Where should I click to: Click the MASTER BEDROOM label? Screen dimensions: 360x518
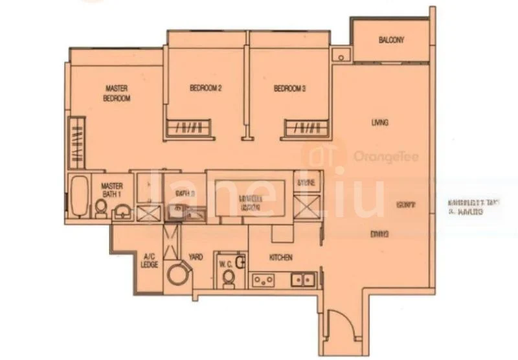click(x=117, y=93)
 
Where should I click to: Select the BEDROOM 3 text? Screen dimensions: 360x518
click(x=289, y=89)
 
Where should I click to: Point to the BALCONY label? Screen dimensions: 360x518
click(x=391, y=40)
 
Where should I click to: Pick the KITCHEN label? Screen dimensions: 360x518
click(x=281, y=257)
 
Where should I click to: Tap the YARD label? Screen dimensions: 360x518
click(x=196, y=257)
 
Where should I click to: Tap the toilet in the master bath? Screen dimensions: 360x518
click(x=102, y=207)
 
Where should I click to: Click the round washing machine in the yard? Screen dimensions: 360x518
click(x=176, y=274)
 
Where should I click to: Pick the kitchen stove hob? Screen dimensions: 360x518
click(x=262, y=280)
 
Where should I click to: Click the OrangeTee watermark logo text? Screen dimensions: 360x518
click(x=373, y=156)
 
